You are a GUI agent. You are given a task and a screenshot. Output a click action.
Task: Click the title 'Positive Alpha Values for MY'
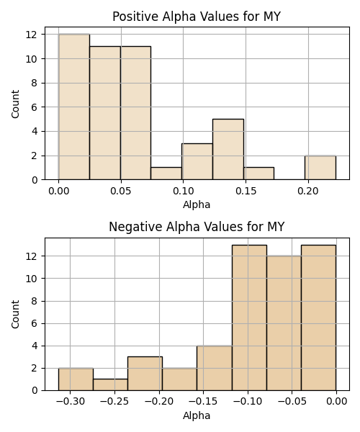(197, 17)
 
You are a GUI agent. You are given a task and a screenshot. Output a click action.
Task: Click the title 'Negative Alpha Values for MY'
(197, 227)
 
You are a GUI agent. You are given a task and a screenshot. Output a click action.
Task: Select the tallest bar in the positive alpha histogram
(74, 107)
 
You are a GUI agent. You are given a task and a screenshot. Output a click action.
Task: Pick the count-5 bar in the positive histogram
(228, 149)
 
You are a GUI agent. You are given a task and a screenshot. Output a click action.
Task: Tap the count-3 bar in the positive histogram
(197, 161)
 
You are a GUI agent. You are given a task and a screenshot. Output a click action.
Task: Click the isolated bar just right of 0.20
(320, 168)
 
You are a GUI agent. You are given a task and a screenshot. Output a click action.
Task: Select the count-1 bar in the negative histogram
(110, 385)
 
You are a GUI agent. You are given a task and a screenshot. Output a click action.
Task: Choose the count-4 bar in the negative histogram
(215, 368)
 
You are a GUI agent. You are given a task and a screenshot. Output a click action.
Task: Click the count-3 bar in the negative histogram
(145, 374)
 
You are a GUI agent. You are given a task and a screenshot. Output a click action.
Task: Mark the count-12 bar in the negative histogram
(284, 323)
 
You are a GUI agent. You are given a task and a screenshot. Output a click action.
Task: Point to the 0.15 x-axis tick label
(246, 191)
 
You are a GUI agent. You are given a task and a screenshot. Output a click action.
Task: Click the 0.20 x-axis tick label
(308, 191)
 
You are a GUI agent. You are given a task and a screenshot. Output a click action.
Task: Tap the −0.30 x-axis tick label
(71, 401)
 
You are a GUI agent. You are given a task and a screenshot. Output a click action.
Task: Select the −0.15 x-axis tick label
(203, 401)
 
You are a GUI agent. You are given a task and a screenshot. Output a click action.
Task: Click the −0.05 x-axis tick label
(292, 401)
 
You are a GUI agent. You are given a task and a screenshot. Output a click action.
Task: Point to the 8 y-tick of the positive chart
(34, 83)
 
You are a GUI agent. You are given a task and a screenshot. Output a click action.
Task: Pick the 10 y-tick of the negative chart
(32, 279)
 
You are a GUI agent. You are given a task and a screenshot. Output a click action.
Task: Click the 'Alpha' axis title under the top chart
(197, 204)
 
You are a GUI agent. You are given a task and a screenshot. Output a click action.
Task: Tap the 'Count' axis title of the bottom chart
(15, 314)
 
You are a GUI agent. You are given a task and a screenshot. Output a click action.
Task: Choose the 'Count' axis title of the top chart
(15, 104)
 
